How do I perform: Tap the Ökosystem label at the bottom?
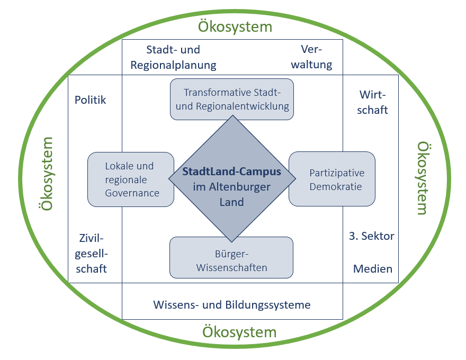(239, 332)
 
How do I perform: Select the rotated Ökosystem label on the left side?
(48, 174)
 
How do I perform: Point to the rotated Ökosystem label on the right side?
(422, 177)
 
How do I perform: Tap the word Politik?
(90, 100)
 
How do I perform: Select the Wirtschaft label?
(373, 102)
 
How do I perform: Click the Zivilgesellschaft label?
(92, 253)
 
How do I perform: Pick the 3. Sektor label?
(372, 236)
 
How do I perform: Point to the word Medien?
(373, 268)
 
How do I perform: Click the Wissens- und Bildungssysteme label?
(232, 305)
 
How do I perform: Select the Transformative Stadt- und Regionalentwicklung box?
(232, 99)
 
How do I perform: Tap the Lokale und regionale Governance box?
(131, 179)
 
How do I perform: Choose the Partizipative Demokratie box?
(332, 179)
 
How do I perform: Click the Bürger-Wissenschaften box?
(231, 257)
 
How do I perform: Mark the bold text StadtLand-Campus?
(231, 172)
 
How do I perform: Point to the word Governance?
(132, 193)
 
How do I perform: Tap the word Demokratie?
(336, 186)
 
